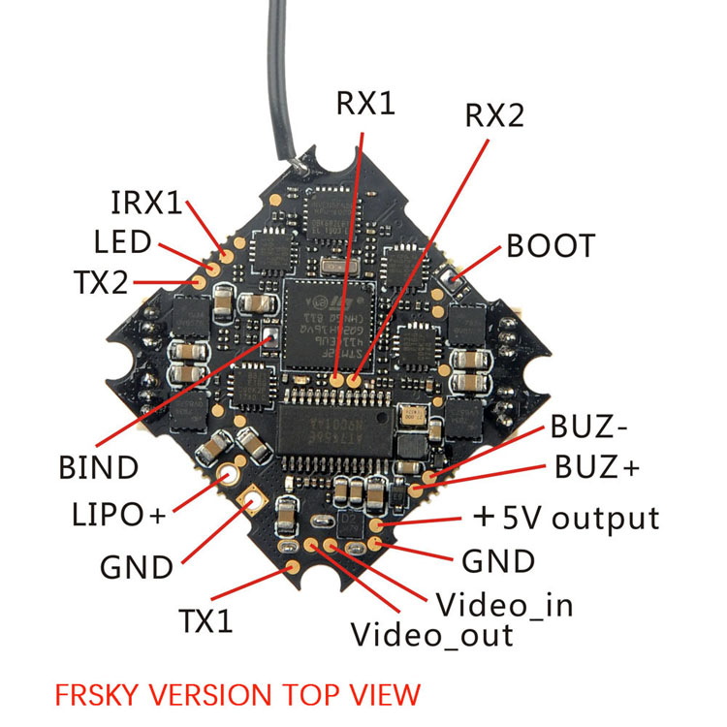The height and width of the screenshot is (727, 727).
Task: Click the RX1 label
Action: pyautogui.click(x=365, y=104)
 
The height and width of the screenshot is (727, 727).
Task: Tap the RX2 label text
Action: pyautogui.click(x=493, y=116)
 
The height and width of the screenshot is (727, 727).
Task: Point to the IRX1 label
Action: pyautogui.click(x=146, y=203)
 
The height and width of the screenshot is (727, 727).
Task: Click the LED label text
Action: pyautogui.click(x=122, y=241)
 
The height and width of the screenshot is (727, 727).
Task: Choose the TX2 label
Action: pyautogui.click(x=100, y=282)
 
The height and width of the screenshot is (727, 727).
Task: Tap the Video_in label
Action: pyautogui.click(x=504, y=605)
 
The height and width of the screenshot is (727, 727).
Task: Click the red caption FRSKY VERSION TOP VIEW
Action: pyautogui.click(x=237, y=694)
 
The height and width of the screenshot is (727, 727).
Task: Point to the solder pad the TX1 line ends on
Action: pyautogui.click(x=312, y=544)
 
